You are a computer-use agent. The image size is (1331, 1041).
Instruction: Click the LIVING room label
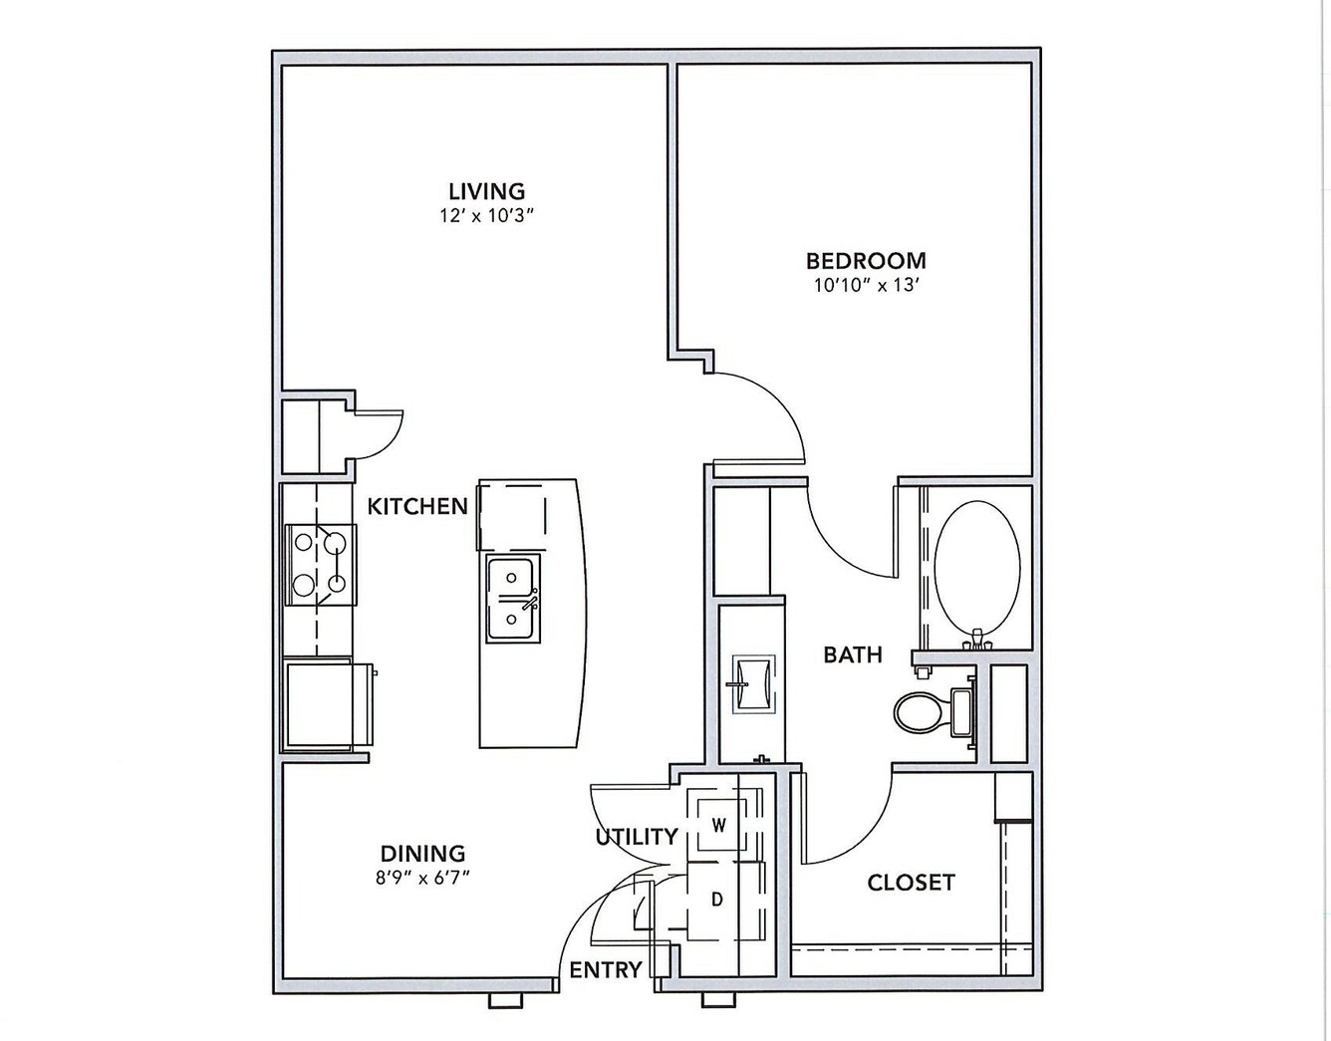coord(487,191)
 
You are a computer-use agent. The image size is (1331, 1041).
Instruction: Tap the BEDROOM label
coord(866,261)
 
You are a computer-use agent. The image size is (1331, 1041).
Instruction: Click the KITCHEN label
coord(417,506)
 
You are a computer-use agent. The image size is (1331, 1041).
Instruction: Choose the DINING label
coord(423,853)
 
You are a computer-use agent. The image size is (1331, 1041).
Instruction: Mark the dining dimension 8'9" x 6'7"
coord(422,879)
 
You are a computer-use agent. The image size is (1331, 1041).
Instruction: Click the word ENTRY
coord(606,970)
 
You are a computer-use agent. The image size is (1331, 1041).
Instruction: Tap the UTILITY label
coord(637,837)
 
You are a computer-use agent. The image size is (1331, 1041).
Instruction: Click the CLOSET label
coord(912,883)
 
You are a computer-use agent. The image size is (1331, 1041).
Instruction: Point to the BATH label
coord(853,654)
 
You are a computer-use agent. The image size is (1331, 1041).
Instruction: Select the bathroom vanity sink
coord(753,684)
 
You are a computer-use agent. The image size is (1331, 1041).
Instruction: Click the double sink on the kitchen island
coord(513,599)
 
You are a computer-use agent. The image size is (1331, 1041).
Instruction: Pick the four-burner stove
coord(321,565)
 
